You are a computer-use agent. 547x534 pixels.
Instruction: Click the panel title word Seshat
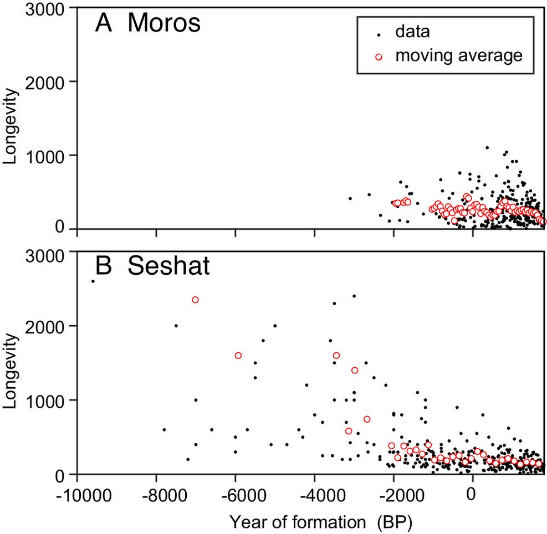169,267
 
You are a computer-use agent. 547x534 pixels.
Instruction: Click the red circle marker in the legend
379,56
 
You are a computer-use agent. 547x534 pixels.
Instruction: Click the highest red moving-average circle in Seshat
195,300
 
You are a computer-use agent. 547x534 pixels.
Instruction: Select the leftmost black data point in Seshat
93,281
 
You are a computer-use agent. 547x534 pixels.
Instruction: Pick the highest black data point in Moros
487,148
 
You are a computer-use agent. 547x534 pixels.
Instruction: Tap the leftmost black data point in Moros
350,198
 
